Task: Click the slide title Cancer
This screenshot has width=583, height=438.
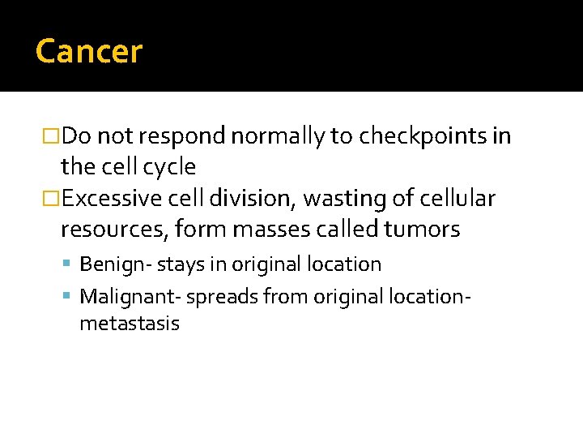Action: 89,52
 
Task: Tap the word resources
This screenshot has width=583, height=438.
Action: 112,230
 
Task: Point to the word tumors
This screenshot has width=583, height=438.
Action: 422,230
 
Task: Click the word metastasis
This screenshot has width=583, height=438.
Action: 130,324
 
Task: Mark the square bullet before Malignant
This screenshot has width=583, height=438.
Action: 70,297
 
